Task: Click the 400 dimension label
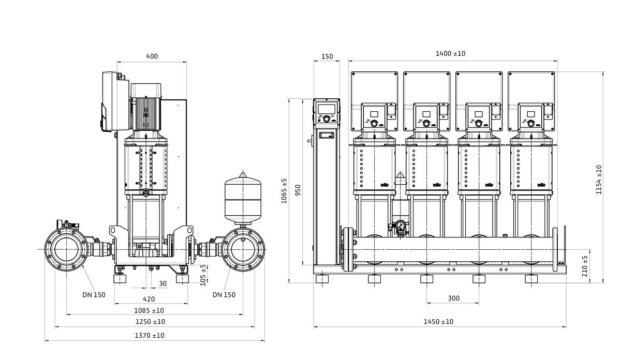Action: (x=152, y=56)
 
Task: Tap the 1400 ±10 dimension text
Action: (x=450, y=53)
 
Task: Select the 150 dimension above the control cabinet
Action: (x=327, y=56)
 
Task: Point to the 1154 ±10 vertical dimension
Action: (x=599, y=179)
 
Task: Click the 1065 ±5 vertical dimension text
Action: (x=284, y=191)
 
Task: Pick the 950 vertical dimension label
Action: (x=298, y=190)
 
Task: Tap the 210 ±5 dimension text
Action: (x=585, y=266)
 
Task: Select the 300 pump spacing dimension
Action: (x=453, y=298)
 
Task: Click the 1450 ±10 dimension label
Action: (x=438, y=322)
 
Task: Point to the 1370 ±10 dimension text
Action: (x=150, y=335)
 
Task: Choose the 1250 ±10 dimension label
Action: (x=150, y=322)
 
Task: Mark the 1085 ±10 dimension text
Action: (x=149, y=310)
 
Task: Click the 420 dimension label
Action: (x=149, y=299)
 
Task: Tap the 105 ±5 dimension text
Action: (x=203, y=275)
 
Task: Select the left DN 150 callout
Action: (x=94, y=295)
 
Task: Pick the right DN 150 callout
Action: (x=224, y=295)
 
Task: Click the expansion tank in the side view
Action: (x=243, y=199)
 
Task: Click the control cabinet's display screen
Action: (x=327, y=109)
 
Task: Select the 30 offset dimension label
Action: (x=162, y=283)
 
